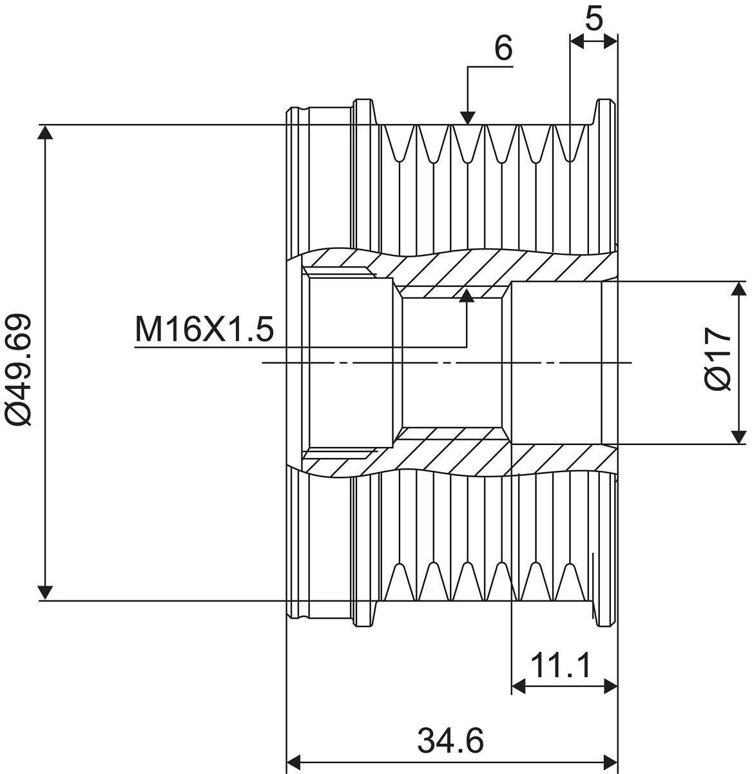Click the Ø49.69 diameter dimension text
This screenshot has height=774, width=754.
(18, 370)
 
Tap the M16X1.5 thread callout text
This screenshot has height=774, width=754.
(204, 330)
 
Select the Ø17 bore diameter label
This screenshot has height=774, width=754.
(717, 362)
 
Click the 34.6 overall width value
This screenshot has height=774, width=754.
(450, 740)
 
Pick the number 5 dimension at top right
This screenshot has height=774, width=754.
(594, 19)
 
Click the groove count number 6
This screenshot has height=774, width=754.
(504, 48)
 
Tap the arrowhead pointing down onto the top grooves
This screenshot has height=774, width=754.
(469, 117)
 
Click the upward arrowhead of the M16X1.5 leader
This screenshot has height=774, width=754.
(467, 296)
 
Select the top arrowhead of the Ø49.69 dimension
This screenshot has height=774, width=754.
(44, 132)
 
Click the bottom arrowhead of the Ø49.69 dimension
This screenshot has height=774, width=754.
(44, 592)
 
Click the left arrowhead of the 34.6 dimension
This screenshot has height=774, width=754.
(294, 759)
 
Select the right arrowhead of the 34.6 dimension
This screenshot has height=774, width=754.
(610, 759)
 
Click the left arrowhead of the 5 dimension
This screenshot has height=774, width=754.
(577, 41)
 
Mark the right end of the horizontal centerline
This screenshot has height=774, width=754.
(632, 362)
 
